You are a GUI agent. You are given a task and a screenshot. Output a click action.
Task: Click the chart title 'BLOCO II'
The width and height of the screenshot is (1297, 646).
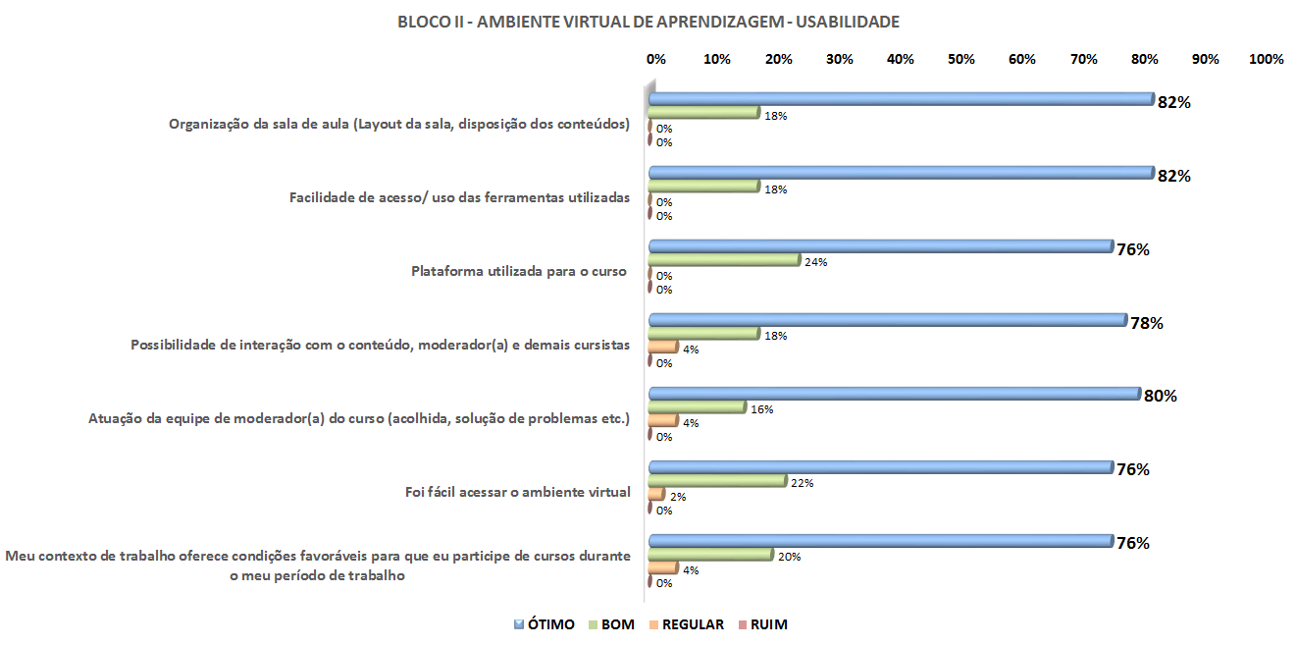[x=648, y=21]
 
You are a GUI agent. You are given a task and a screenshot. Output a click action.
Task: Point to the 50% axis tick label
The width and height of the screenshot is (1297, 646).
[x=961, y=59]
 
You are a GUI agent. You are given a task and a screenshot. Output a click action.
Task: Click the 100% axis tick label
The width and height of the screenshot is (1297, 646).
[x=1266, y=59]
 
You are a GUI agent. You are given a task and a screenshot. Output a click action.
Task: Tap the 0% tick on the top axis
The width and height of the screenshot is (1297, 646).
[x=656, y=59]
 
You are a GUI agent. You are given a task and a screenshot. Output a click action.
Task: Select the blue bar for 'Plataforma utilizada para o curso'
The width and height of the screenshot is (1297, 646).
[x=880, y=246]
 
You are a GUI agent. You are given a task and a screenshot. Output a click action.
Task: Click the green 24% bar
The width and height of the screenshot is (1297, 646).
[x=724, y=260]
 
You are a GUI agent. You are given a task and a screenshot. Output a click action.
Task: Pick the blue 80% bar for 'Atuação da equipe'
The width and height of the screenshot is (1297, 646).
[x=893, y=394]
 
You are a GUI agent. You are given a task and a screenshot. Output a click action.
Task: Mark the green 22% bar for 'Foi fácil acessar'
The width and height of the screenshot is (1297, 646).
[x=717, y=480]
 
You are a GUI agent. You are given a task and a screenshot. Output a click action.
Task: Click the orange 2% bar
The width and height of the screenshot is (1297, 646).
[x=656, y=494]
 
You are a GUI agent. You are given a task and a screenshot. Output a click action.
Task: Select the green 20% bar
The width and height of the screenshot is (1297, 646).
[x=711, y=554]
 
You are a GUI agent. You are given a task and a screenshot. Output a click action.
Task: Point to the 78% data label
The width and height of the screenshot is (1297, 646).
[x=1146, y=323]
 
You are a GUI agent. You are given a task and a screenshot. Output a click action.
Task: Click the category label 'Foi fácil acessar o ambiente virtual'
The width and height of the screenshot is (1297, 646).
[x=517, y=492]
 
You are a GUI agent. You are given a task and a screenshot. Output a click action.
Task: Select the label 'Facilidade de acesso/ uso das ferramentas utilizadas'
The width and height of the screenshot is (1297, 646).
[x=459, y=197]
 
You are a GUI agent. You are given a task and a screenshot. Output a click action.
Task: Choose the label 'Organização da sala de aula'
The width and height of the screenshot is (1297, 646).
[x=399, y=125]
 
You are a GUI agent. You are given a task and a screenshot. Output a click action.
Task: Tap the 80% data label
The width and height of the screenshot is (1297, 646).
[x=1161, y=397]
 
